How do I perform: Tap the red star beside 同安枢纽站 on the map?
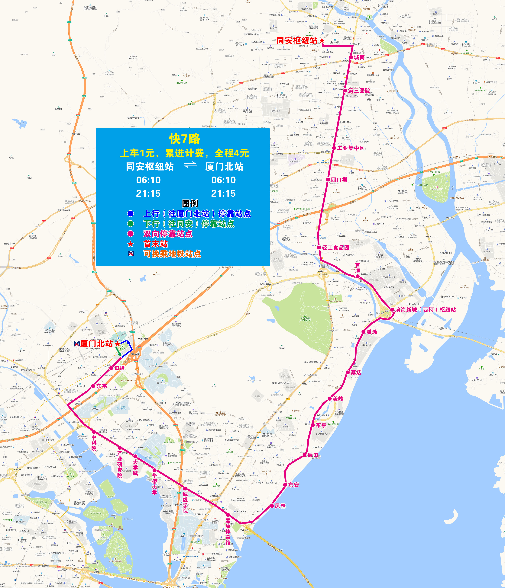(322, 41)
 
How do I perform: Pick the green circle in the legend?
(130, 224)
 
